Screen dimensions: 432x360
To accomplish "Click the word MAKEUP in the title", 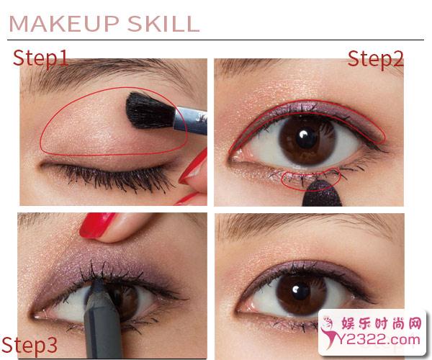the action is tap(64, 24).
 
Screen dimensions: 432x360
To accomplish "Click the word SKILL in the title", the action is tap(163, 24).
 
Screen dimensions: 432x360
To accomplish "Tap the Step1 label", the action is tap(40, 58).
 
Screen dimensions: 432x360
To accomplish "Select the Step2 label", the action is tap(376, 59).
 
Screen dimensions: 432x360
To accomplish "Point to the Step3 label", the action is tap(30, 346).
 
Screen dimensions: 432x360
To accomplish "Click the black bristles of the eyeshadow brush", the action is tap(149, 110).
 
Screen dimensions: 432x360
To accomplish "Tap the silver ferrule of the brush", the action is tap(191, 120).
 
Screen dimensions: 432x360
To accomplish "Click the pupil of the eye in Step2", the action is tap(307, 138).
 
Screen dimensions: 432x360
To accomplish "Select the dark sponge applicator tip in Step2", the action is tap(322, 194).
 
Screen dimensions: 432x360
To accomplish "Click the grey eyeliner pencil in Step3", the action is tap(102, 320).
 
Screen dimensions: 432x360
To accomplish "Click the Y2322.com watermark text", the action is tap(379, 340).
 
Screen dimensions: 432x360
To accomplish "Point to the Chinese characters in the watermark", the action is tap(382, 323).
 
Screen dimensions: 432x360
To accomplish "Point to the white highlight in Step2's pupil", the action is tap(303, 135).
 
